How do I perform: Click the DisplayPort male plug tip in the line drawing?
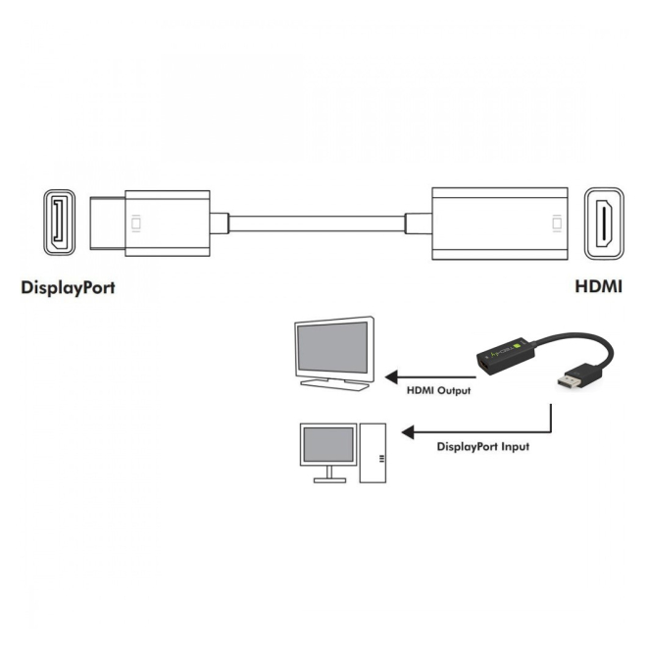tap(108, 224)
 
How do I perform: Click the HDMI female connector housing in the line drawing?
tap(500, 224)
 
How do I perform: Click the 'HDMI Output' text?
tap(438, 391)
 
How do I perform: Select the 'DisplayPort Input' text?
tap(482, 446)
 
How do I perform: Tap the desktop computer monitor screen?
tap(328, 447)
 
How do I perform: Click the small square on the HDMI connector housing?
tap(558, 224)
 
